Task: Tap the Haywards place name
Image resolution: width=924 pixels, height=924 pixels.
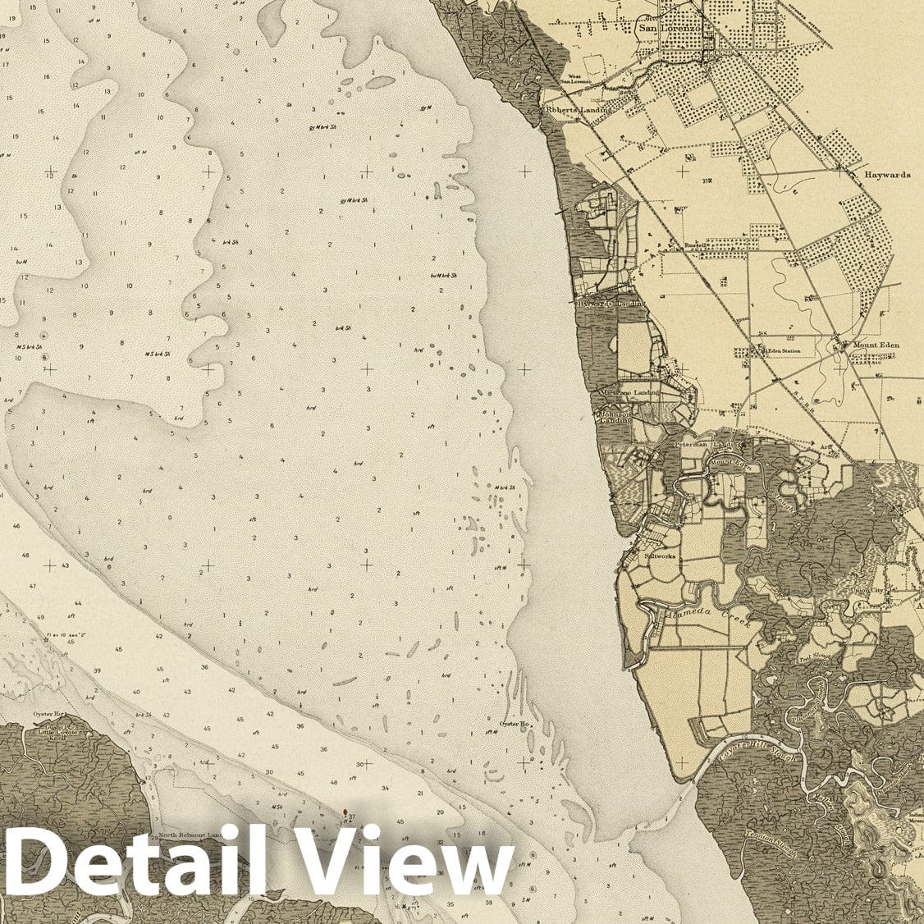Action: [887, 175]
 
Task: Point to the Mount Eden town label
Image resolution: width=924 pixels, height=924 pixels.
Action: [876, 345]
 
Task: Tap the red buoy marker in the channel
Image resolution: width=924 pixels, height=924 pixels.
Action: [345, 812]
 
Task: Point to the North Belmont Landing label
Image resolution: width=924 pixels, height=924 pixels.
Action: [193, 835]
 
